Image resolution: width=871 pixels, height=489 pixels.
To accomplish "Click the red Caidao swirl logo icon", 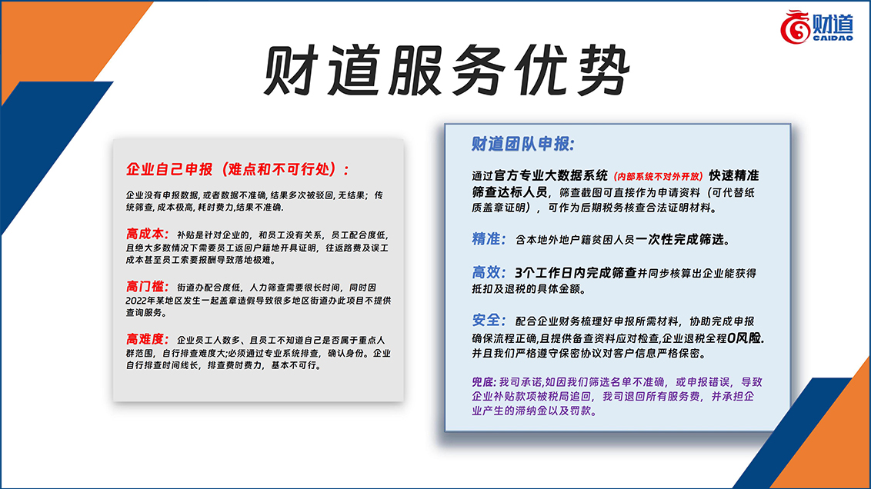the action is coord(795,27).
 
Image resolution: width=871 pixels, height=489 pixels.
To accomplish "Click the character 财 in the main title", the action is coord(291,71).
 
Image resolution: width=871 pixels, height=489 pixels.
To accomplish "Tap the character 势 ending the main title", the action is coord(603,71).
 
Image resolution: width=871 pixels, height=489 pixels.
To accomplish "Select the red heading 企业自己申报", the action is coord(169,169).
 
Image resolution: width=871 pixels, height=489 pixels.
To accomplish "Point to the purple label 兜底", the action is coord(482,382).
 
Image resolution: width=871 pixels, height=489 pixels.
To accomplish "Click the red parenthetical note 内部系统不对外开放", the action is coord(658,177).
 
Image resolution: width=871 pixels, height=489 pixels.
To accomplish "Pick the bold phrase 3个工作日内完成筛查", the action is coord(576,272).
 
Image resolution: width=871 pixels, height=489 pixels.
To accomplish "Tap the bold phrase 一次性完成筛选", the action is coord(680,239).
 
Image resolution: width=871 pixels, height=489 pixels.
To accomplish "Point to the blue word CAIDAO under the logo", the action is coord(833,38).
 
